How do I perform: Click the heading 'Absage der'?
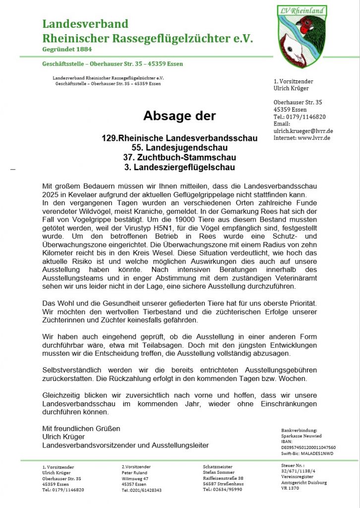pyautogui.click(x=180, y=116)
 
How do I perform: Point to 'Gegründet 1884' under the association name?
pyautogui.click(x=67, y=49)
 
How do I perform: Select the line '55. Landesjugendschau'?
pyautogui.click(x=180, y=148)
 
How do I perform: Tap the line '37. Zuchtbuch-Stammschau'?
pyautogui.click(x=180, y=157)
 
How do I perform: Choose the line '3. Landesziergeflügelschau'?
pyautogui.click(x=180, y=167)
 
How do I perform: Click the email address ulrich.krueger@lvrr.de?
pyautogui.click(x=303, y=131)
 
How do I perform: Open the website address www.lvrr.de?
pyautogui.click(x=314, y=138)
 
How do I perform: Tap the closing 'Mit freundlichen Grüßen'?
pyautogui.click(x=81, y=429)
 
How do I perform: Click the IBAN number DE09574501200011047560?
pyautogui.click(x=308, y=447)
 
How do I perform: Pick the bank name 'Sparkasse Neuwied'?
pyautogui.click(x=301, y=436)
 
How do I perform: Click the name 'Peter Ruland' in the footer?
pyautogui.click(x=134, y=473)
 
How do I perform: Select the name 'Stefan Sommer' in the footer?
pyautogui.click(x=219, y=473)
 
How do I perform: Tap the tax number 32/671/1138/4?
pyautogui.click(x=298, y=471)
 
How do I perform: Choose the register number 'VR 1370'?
pyautogui.click(x=290, y=488)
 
